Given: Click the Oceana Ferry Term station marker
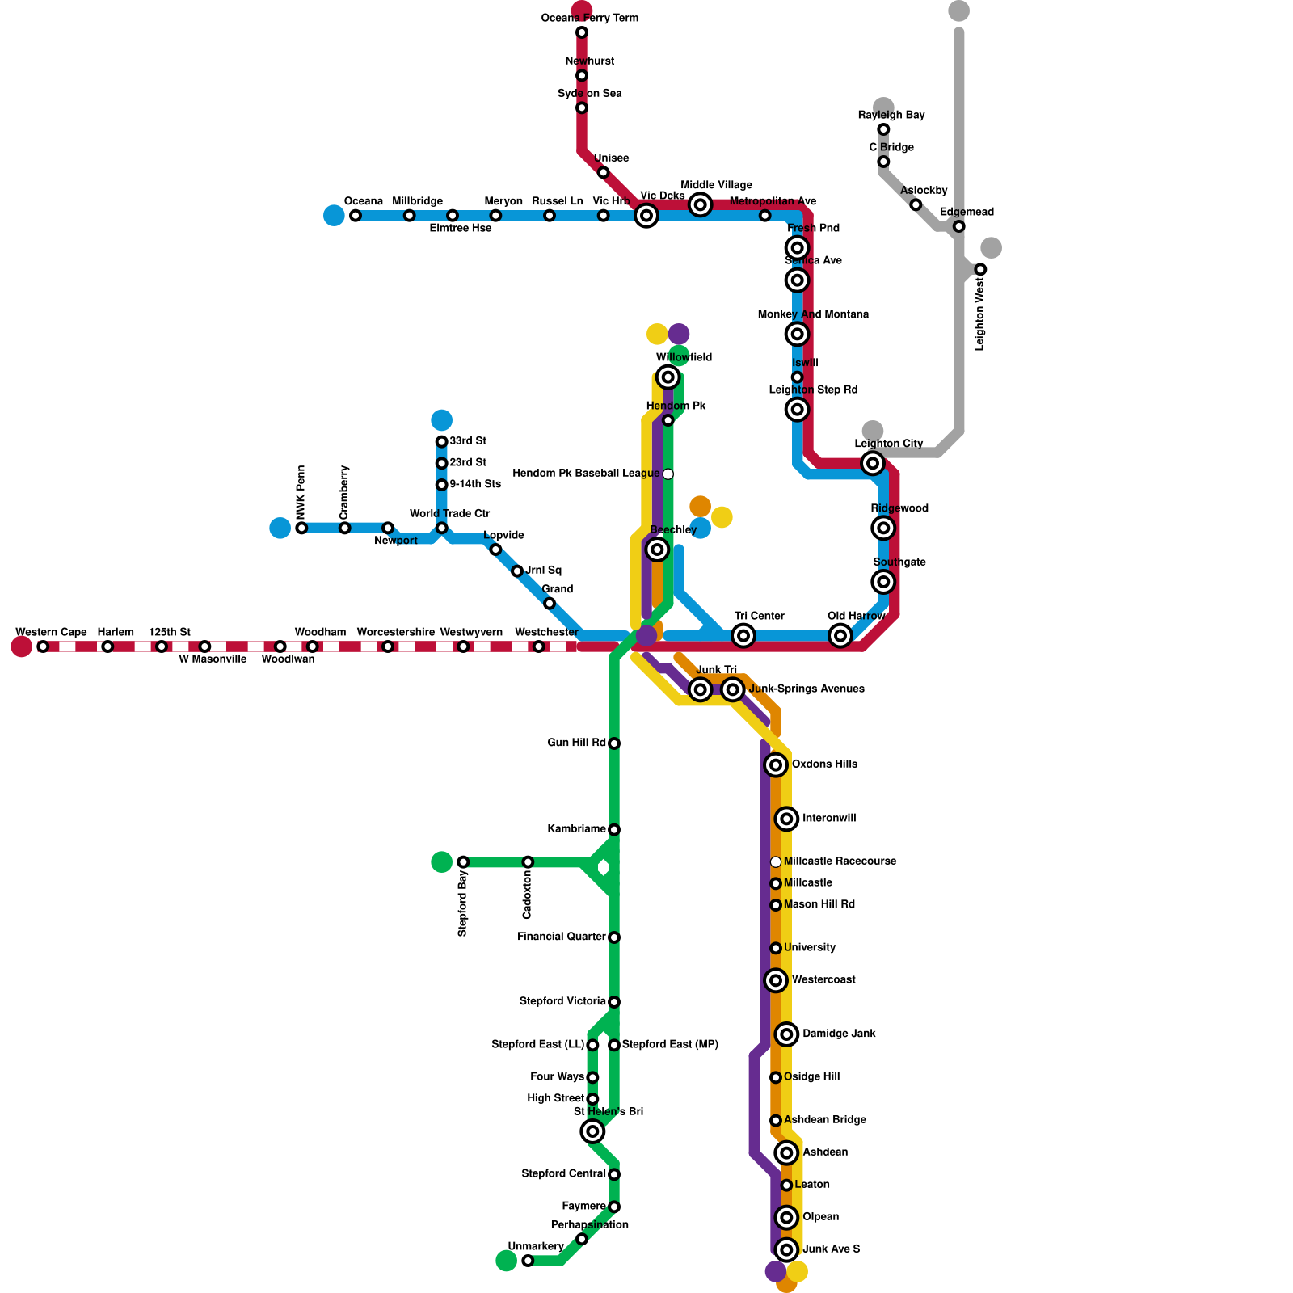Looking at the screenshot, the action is pyautogui.click(x=582, y=32).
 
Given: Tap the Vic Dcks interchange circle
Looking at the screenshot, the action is pyautogui.click(x=646, y=216).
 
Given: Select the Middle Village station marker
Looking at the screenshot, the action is pyautogui.click(x=701, y=205).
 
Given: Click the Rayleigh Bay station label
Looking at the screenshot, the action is pyautogui.click(x=891, y=116).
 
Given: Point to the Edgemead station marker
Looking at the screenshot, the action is pyautogui.click(x=958, y=226).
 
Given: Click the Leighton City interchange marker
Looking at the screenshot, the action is pyautogui.click(x=872, y=463).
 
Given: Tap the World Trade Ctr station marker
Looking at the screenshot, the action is pyautogui.click(x=441, y=529).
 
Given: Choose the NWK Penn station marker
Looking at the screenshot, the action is pyautogui.click(x=301, y=529).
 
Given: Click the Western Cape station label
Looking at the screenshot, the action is pyautogui.click(x=51, y=632).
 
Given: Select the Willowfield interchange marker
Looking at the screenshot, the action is pyautogui.click(x=668, y=377).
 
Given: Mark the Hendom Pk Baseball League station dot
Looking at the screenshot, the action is pyautogui.click(x=668, y=474).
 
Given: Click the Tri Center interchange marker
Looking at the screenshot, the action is pyautogui.click(x=743, y=636).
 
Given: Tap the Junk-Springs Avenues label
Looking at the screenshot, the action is pyautogui.click(x=807, y=689).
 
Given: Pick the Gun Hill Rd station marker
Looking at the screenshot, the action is pyautogui.click(x=614, y=743).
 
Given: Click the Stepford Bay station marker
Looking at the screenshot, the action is pyautogui.click(x=463, y=862).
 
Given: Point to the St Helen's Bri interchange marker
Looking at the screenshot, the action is pyautogui.click(x=592, y=1131).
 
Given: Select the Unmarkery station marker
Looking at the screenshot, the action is pyautogui.click(x=528, y=1261).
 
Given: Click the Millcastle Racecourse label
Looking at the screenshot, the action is pyautogui.click(x=840, y=861).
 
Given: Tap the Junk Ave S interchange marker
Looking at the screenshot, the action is pyautogui.click(x=786, y=1249).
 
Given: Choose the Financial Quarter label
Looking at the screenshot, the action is pyautogui.click(x=562, y=937).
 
